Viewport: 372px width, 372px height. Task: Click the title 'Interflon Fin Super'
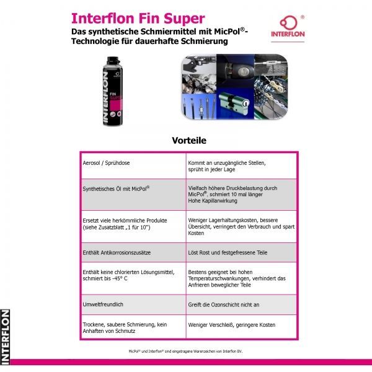coord(138,19)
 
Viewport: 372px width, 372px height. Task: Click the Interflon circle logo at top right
coord(288,24)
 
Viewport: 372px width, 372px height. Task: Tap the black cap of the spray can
coord(113,61)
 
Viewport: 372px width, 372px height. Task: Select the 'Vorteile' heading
coord(189,141)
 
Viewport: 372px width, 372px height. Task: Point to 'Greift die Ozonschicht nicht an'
coord(223,304)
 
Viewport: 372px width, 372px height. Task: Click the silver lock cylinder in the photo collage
coord(234,103)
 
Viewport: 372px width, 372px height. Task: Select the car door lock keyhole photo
coord(235,71)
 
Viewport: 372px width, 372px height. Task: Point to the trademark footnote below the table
coord(185,352)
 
